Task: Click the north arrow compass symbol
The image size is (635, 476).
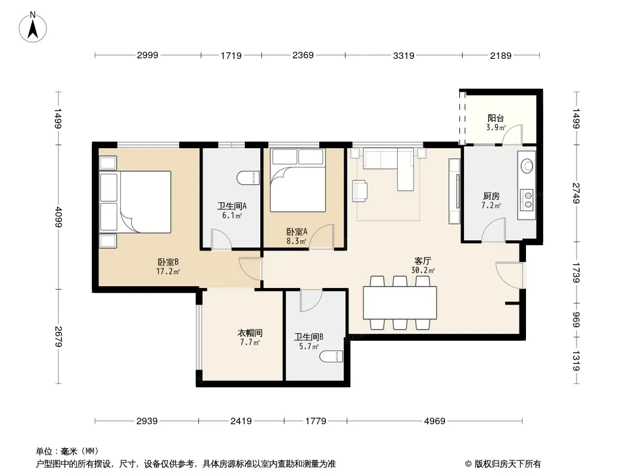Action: pos(33,27)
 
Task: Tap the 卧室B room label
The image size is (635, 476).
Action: pos(168,262)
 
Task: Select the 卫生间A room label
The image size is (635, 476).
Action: pos(232,206)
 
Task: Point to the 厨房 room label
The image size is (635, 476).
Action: pos(491,196)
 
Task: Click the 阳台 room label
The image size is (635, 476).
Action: pos(496,118)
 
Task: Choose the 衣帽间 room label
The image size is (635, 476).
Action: pos(250,333)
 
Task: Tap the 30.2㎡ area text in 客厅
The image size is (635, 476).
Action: pos(423,271)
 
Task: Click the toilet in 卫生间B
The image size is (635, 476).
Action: pos(331,356)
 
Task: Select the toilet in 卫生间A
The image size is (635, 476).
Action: pos(248,178)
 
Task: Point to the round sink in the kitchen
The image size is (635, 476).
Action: pos(527,165)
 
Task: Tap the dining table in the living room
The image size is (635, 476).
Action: pos(400,302)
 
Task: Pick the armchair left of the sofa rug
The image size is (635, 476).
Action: pos(360,190)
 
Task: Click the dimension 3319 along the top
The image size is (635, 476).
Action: pos(404,55)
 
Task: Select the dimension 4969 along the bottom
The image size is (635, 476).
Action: pos(434,421)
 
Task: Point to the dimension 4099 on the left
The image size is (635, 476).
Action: pos(59,217)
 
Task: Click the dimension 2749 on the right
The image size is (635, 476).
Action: pos(576,193)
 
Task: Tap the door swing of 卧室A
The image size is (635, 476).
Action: pos(322,236)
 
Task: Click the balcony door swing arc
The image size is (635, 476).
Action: pos(512,134)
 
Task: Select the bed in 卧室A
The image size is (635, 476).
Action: pos(298,180)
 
